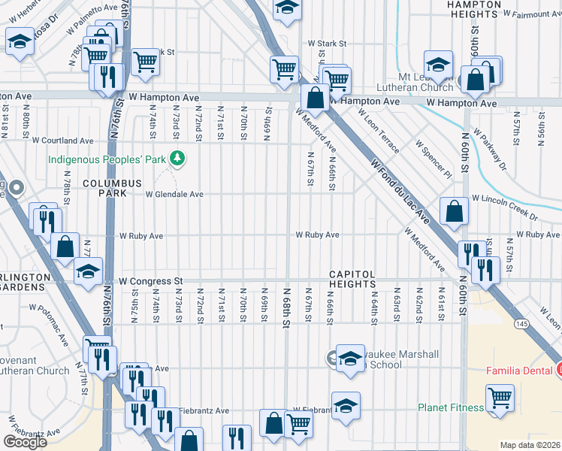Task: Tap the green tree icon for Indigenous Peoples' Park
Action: point(177,159)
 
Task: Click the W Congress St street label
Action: point(150,280)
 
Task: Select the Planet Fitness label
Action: point(449,408)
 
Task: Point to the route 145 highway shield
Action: point(519,323)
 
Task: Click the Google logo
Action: point(25,442)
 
